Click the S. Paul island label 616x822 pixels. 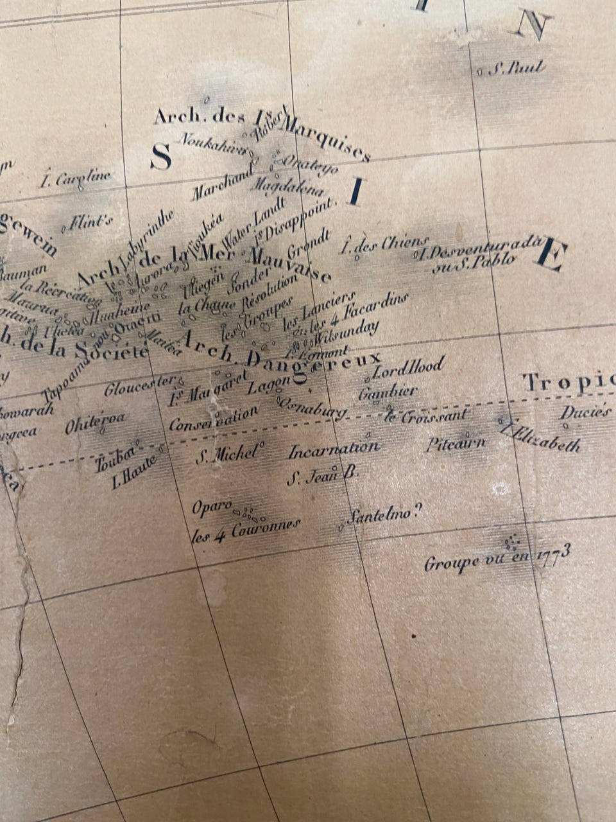click(516, 69)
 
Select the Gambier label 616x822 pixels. click(388, 391)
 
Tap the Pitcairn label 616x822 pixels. click(456, 443)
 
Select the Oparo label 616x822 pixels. click(212, 507)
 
